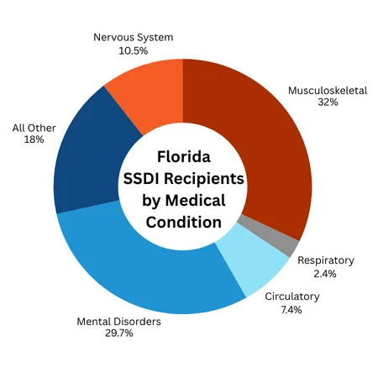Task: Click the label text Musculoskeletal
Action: (x=328, y=90)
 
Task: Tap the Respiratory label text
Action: (x=326, y=260)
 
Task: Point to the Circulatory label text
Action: (x=292, y=297)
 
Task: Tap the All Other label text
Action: (x=34, y=128)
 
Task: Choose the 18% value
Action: (x=34, y=140)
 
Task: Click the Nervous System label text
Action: (x=133, y=38)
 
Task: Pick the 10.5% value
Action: (x=133, y=50)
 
